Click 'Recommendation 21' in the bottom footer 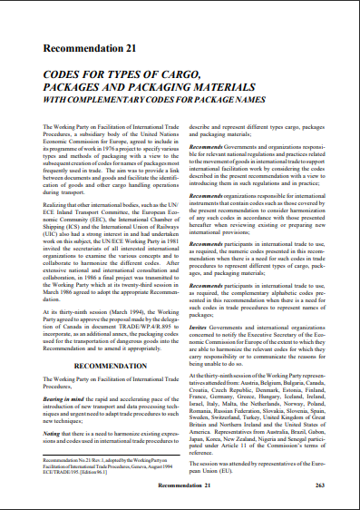tap(181, 486)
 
